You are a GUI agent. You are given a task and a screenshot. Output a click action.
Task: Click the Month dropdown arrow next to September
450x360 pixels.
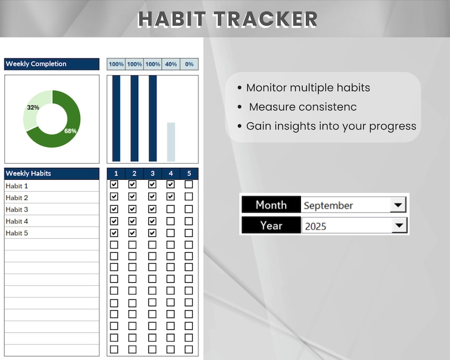[398, 205]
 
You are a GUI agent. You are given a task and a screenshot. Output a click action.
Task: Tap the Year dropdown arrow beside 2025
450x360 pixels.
[399, 226]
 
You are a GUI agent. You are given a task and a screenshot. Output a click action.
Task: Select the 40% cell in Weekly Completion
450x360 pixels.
[171, 64]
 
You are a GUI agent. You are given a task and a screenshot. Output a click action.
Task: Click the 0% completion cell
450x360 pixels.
[189, 64]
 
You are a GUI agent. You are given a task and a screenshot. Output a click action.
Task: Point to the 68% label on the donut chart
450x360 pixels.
[70, 131]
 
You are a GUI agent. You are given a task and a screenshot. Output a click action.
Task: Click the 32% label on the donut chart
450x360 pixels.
[33, 107]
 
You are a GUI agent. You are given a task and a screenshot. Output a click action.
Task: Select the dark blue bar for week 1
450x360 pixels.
[116, 118]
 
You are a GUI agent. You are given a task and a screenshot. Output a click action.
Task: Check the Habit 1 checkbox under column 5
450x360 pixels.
[189, 184]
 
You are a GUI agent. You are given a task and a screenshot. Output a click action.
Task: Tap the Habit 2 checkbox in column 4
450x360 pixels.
[171, 196]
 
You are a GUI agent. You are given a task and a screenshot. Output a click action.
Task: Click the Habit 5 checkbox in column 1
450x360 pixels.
[114, 232]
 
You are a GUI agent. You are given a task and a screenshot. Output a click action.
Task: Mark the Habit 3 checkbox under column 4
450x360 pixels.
[171, 209]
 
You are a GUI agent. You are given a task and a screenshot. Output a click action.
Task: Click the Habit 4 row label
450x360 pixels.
[17, 221]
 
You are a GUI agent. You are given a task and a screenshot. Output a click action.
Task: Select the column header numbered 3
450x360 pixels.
[152, 173]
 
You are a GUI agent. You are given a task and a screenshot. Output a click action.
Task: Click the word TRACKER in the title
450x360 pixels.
[265, 19]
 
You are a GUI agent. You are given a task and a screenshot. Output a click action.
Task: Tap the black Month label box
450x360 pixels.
[271, 205]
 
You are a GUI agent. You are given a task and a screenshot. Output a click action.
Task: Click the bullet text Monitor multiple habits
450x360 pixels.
[308, 88]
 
